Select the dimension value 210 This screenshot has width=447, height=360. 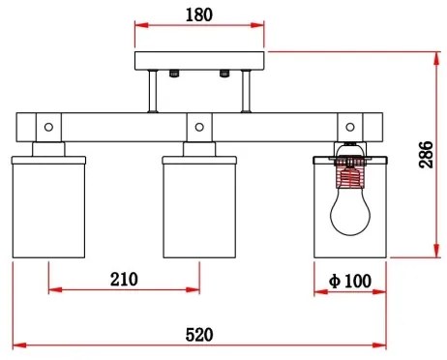pos(123,280)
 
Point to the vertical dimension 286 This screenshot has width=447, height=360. pos(426,154)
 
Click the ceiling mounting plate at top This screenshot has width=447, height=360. pos(199,61)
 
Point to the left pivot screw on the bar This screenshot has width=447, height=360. pos(47,126)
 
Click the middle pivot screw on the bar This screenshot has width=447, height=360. pos(198,126)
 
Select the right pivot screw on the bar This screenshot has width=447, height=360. pos(349,126)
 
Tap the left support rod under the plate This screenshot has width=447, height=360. pos(153,93)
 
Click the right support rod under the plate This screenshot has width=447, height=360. pos(246,93)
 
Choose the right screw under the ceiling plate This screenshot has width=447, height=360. pos(223,74)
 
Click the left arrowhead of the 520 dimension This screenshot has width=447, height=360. pos(15,345)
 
